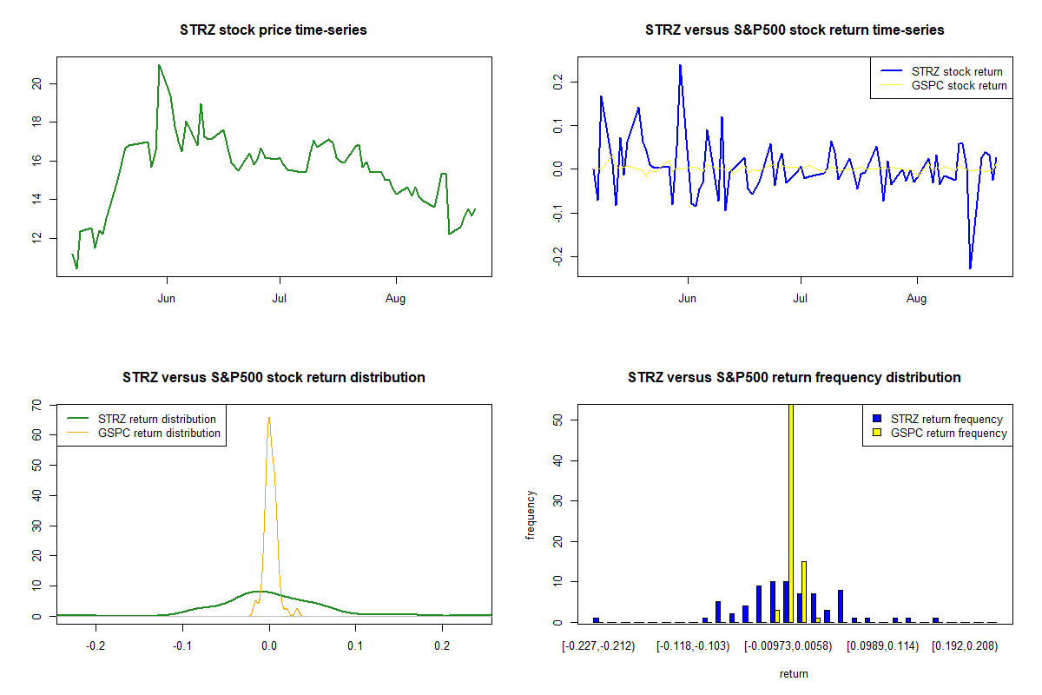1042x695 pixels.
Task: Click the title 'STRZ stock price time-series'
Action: [274, 30]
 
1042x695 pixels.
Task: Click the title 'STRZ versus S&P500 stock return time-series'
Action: [795, 30]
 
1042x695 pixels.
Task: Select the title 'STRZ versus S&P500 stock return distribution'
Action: [274, 378]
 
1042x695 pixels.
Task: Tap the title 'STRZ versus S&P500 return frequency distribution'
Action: [795, 378]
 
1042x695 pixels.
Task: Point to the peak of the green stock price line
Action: [159, 65]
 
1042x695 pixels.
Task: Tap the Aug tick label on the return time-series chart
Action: [917, 298]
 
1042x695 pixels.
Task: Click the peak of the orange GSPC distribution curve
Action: [269, 417]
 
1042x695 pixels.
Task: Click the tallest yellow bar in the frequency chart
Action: [790, 513]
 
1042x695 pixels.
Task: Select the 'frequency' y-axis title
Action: [531, 514]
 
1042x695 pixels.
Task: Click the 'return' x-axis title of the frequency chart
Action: [794, 673]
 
